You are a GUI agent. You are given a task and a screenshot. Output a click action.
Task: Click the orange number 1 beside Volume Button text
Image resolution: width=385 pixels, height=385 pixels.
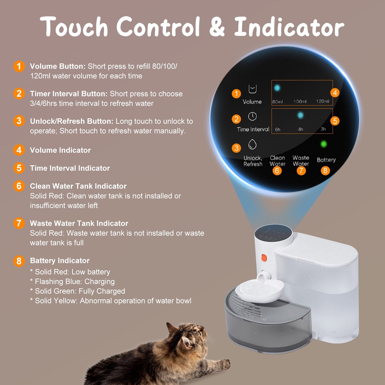(x=19, y=66)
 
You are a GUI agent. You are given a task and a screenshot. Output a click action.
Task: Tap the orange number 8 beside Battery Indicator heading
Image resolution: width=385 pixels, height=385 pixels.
(x=19, y=261)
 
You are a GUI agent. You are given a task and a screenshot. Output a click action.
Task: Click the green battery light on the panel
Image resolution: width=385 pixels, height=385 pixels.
(x=324, y=144)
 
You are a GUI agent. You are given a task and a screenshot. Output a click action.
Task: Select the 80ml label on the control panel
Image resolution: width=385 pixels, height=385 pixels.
(x=277, y=102)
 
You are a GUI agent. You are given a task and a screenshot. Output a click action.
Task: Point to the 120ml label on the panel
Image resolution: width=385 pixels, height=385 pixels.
(x=322, y=101)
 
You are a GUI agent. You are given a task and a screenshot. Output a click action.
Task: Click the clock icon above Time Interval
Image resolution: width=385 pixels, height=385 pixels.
(x=252, y=116)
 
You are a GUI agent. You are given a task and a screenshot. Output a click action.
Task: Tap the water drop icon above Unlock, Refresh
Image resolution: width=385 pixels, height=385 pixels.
(x=252, y=144)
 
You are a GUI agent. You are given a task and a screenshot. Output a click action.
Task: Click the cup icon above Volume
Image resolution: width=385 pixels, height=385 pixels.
(x=252, y=89)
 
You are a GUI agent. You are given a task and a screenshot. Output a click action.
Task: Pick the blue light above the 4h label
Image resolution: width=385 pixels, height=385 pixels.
(x=300, y=115)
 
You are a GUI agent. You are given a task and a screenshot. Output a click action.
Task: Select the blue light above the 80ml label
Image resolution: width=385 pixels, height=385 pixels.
(x=277, y=88)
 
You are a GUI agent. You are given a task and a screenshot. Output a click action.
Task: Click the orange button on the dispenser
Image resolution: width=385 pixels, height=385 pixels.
(x=264, y=258)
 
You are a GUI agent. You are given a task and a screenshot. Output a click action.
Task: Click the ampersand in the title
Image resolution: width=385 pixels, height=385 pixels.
(x=217, y=27)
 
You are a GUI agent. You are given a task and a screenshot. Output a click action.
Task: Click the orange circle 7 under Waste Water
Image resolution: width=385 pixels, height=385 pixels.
(x=301, y=171)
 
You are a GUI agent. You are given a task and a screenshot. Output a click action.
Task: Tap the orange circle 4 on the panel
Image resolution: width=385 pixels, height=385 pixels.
(x=335, y=93)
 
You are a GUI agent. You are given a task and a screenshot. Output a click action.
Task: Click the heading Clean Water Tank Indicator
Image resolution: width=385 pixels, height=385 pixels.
(x=78, y=186)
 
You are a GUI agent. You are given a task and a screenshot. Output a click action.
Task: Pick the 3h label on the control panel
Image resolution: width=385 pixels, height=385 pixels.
(x=323, y=129)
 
